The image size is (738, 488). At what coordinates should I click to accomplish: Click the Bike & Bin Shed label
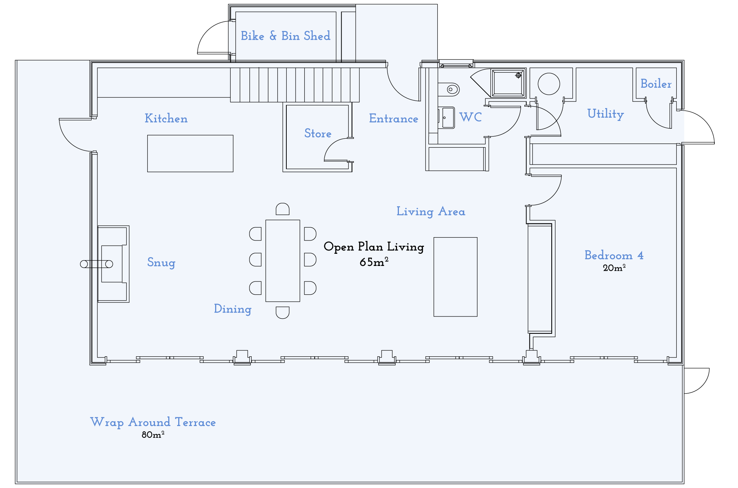click(285, 36)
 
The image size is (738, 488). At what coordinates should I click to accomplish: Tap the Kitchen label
click(166, 118)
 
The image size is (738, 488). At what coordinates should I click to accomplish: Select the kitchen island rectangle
click(190, 153)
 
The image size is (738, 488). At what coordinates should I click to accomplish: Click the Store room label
click(318, 133)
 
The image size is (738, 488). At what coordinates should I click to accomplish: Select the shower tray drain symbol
click(518, 75)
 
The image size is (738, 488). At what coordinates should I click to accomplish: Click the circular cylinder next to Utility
click(549, 84)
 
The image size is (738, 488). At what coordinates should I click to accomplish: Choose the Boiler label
click(656, 84)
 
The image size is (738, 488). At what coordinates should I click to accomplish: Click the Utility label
click(606, 114)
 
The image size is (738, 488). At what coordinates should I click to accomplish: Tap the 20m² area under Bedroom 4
click(614, 268)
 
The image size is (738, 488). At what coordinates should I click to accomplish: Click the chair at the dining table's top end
click(282, 209)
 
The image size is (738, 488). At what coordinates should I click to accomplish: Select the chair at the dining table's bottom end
click(282, 312)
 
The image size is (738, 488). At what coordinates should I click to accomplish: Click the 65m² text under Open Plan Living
click(374, 262)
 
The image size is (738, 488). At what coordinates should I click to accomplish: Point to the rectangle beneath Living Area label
click(455, 277)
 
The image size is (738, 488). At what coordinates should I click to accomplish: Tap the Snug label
click(161, 262)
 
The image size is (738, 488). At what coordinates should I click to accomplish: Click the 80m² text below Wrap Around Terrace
click(153, 435)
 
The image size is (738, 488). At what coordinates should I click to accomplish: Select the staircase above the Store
click(295, 85)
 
